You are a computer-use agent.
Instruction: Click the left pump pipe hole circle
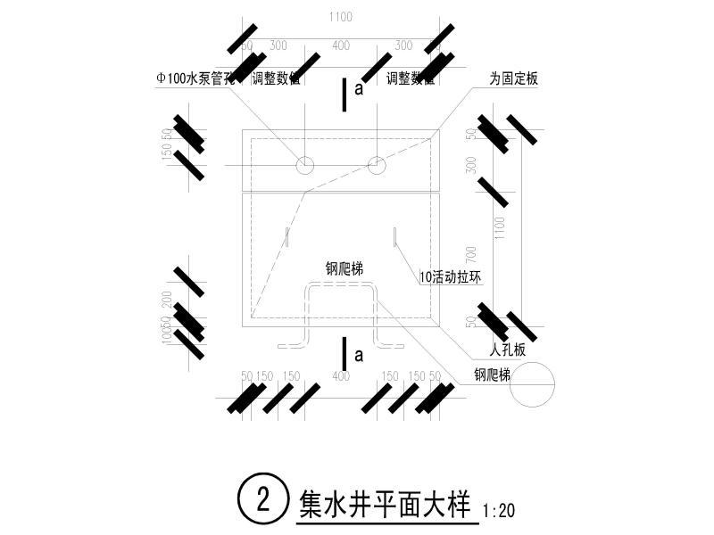click(305, 165)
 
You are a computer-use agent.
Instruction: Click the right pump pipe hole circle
click(377, 165)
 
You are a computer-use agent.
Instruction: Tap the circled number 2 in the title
click(263, 498)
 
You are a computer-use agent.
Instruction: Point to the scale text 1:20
click(498, 511)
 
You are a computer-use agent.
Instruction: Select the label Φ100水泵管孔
click(195, 78)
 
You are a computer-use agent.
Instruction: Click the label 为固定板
click(514, 78)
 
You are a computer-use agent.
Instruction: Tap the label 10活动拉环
click(451, 277)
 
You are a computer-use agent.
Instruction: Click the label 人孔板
click(508, 350)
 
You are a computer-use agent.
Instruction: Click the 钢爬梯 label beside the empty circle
click(492, 375)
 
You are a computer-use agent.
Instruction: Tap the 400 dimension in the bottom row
click(340, 376)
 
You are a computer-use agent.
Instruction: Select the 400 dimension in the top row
click(340, 45)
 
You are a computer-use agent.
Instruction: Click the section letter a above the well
click(359, 89)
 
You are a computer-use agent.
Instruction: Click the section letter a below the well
click(359, 355)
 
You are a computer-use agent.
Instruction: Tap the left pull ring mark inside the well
click(287, 238)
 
